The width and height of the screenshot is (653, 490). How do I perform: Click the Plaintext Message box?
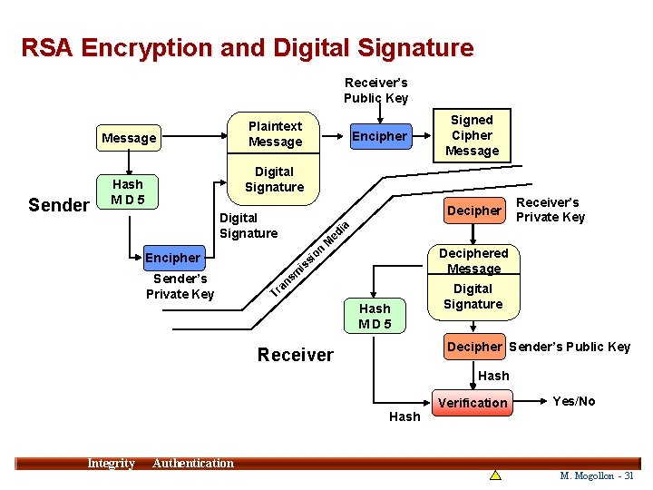tap(275, 133)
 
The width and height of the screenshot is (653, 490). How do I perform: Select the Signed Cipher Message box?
tap(472, 135)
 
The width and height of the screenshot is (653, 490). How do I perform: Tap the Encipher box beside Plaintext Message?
tap(379, 136)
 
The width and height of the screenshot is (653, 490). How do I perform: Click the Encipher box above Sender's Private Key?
tap(172, 258)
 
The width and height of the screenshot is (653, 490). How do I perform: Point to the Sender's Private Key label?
tap(180, 286)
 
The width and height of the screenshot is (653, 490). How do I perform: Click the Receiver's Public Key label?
tap(375, 91)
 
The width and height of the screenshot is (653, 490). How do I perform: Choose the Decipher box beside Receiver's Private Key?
tap(473, 211)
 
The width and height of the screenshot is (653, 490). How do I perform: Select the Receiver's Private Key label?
tap(550, 210)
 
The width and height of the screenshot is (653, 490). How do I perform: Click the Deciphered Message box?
tap(473, 260)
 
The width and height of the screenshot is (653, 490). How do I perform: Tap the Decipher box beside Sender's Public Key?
tap(474, 347)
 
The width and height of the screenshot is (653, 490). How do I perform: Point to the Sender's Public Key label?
tap(570, 347)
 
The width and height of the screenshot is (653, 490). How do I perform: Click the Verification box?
tap(473, 403)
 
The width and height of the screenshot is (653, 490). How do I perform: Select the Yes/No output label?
tap(574, 401)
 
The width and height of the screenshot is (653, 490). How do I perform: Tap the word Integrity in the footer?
tap(111, 464)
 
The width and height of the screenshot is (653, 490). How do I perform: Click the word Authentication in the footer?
tap(192, 464)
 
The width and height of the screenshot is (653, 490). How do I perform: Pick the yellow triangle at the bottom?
tap(495, 475)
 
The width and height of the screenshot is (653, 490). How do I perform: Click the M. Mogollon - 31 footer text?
tap(597, 475)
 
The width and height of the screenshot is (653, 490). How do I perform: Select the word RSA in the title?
tap(47, 47)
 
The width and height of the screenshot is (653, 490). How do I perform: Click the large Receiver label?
tap(295, 355)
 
